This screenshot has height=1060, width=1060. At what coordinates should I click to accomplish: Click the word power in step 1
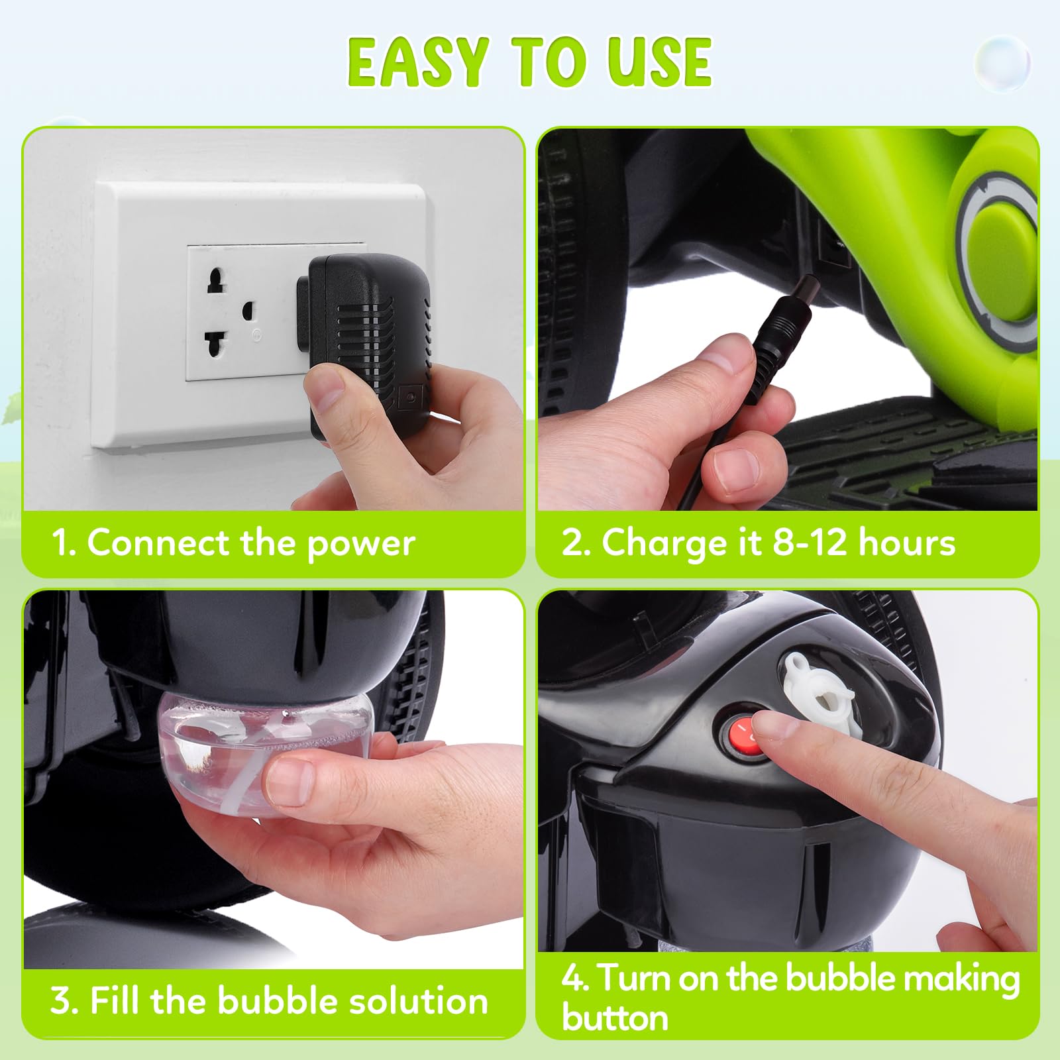point(361,544)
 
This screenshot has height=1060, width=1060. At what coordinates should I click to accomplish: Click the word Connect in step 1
point(158,543)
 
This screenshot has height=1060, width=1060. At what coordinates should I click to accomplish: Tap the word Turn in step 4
point(635,979)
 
